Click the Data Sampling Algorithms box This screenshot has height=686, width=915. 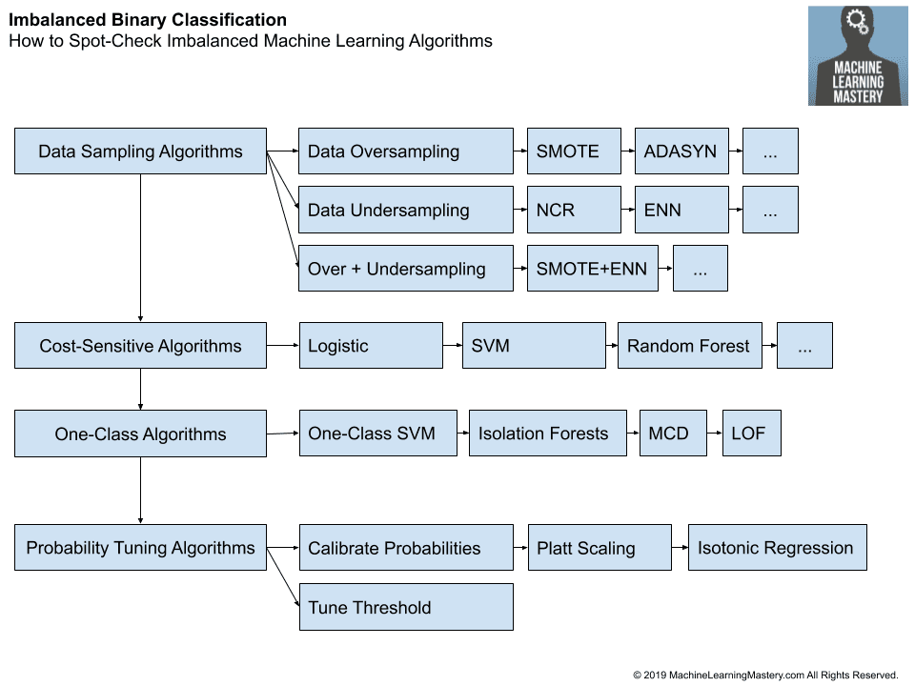point(140,151)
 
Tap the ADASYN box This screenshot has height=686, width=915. point(681,151)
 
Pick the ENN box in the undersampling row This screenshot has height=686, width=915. point(681,211)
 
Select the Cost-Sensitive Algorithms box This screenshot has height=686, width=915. point(140,346)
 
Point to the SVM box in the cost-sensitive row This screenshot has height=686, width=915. point(533,346)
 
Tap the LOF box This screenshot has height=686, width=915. point(751,434)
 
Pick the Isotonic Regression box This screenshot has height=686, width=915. point(777,548)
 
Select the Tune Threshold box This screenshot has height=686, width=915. point(406,607)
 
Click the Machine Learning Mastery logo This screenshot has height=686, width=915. point(858,56)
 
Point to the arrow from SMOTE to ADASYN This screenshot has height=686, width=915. point(627,151)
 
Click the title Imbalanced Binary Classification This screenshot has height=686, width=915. point(148,20)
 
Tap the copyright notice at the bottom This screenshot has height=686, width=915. point(765,675)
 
